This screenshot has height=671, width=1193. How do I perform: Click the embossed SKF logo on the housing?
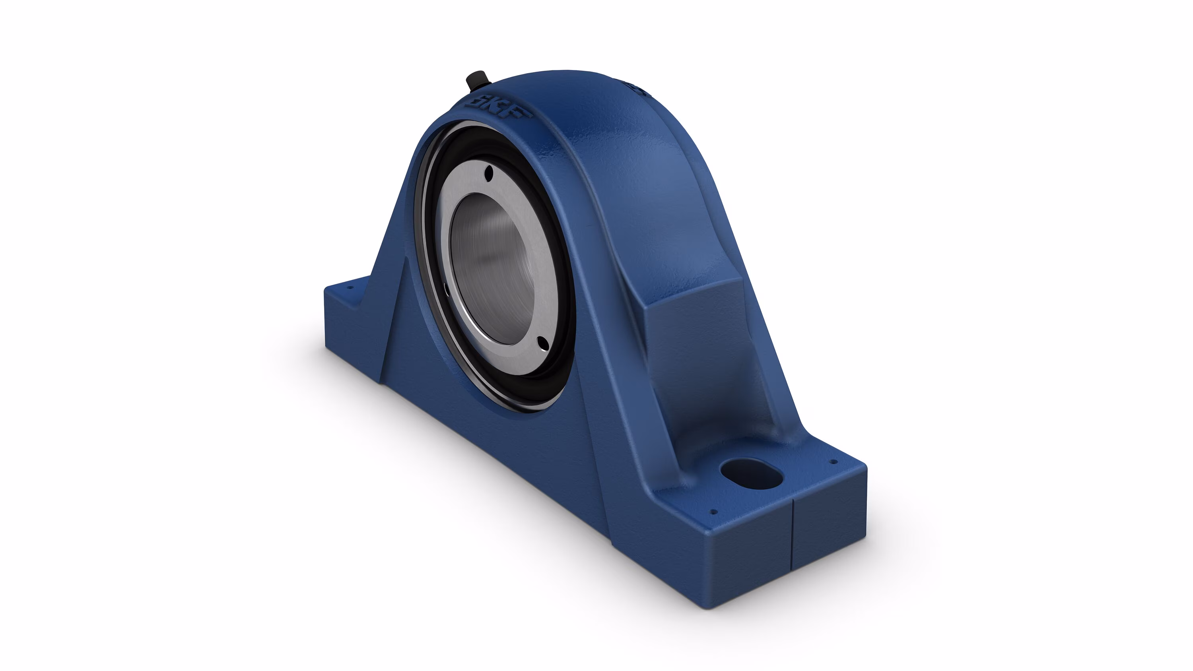499,109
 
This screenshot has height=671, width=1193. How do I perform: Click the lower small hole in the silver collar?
542,343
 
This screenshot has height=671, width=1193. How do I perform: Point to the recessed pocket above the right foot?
704,370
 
